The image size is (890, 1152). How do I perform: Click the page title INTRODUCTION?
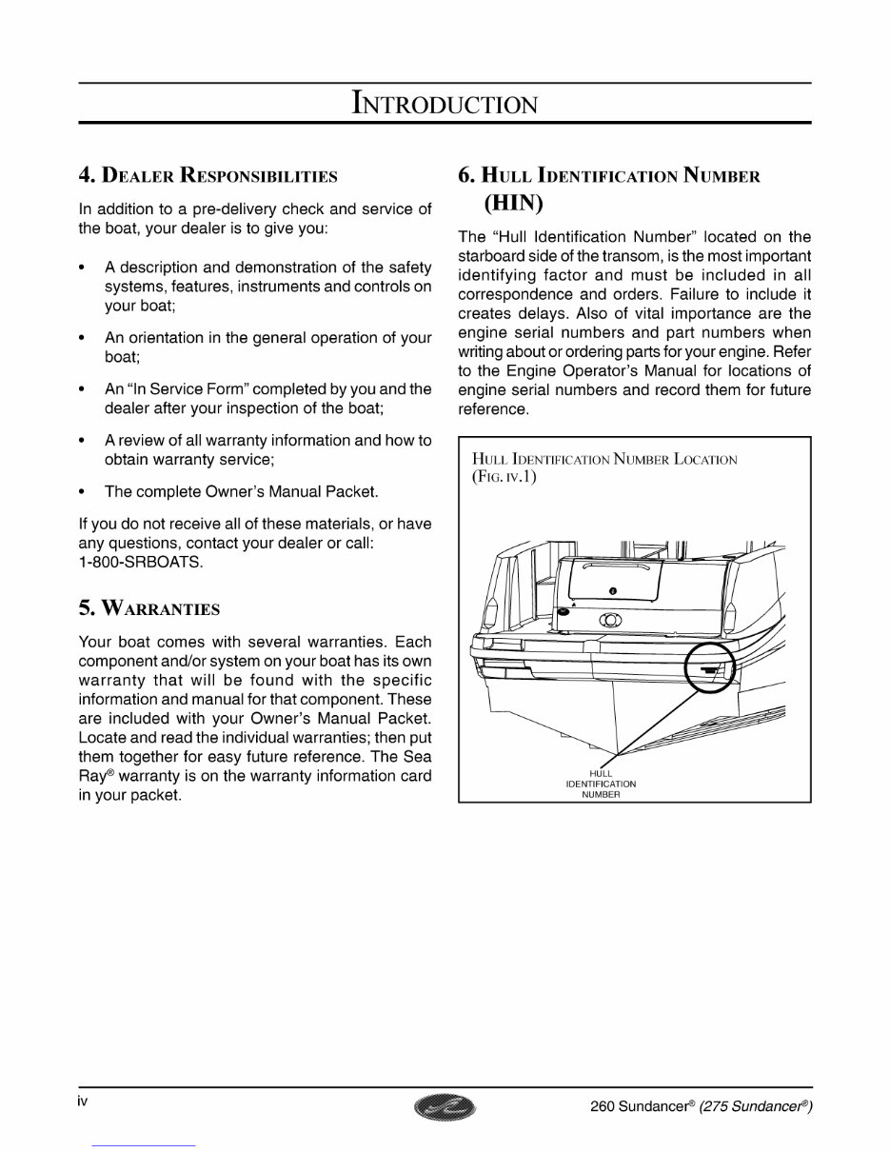click(x=445, y=102)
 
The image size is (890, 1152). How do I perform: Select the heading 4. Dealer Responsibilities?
click(x=208, y=176)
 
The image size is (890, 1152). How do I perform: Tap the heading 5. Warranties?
click(x=148, y=608)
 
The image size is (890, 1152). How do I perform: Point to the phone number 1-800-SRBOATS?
click(x=141, y=562)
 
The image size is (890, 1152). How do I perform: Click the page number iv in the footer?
click(x=83, y=1102)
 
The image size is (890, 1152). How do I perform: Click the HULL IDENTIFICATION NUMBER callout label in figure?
click(x=601, y=785)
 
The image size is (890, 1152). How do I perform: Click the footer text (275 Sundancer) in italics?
click(x=756, y=1106)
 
